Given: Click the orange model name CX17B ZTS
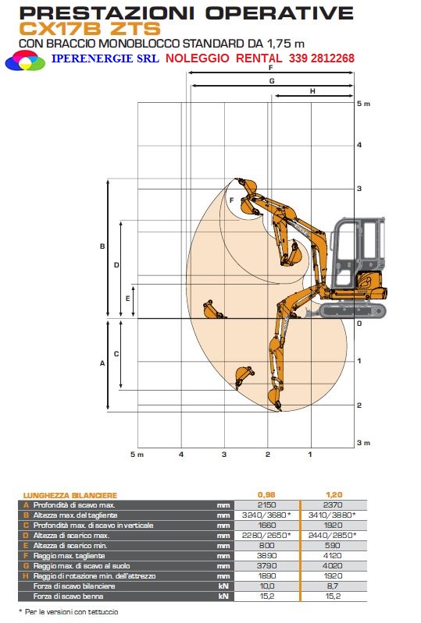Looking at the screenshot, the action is point(90,29).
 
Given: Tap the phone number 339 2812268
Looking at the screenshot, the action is point(322,58).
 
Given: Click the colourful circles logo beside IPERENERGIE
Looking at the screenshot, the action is point(25,61).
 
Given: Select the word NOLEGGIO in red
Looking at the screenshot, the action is point(198,58).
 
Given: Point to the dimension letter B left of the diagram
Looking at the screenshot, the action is point(102,246).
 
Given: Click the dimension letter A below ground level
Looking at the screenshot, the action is point(102,363).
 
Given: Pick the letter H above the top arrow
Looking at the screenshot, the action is point(312,91).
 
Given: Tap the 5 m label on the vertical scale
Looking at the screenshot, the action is point(363,104).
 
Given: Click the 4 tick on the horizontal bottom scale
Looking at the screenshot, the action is point(181,454).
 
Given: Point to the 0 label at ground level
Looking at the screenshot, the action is point(359,324).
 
